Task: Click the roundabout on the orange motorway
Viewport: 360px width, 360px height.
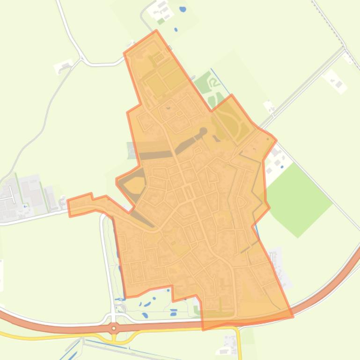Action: coord(114,328)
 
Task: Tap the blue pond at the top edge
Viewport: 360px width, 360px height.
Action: coord(183,9)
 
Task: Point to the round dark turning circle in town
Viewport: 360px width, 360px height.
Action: coord(203,131)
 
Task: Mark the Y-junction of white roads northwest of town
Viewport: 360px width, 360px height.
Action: coord(82,59)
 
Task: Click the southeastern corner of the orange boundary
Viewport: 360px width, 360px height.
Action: coord(293,317)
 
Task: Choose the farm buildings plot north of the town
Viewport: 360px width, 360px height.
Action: coord(162,12)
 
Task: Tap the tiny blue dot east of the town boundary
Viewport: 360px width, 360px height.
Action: coord(282,166)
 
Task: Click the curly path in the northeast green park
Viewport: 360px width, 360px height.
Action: coord(213,84)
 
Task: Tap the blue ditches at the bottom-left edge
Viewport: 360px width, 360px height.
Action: coord(70,351)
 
